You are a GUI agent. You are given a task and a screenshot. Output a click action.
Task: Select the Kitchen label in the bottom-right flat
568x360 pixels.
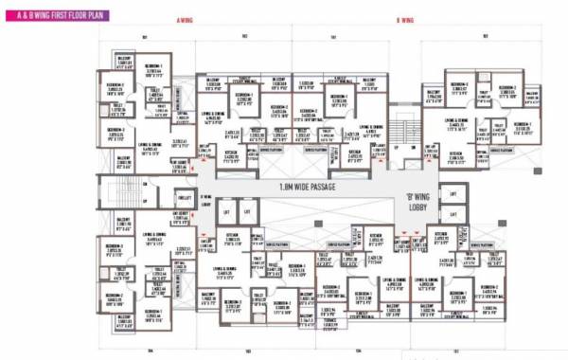(440, 233)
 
